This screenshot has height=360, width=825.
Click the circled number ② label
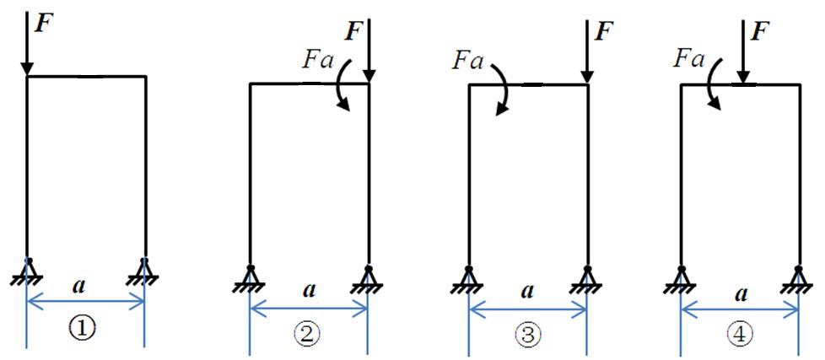coord(307,335)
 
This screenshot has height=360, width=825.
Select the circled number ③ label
coord(526,335)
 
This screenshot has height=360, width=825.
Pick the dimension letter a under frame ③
coord(528,291)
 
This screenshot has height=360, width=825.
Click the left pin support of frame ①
coord(28,271)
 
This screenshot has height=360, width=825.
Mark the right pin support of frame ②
coord(369,276)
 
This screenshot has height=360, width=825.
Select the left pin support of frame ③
coord(468,277)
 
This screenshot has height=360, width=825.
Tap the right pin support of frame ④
coord(798,277)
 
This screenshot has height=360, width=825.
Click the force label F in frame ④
coord(760,32)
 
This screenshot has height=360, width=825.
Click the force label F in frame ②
coord(354,33)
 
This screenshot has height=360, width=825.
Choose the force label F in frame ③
coord(603,32)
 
